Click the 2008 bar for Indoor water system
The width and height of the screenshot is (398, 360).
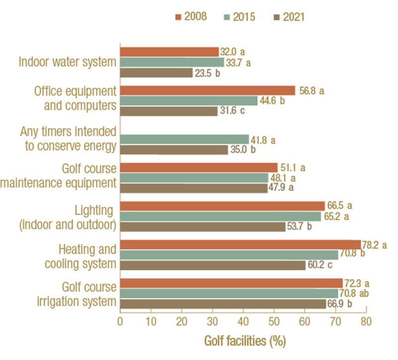[x=169, y=52]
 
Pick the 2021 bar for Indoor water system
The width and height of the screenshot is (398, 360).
[x=156, y=73]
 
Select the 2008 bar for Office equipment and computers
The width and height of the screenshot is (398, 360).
[x=207, y=91]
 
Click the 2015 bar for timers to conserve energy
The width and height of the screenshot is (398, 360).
[x=184, y=139]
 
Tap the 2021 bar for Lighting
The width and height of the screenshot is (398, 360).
[x=202, y=227]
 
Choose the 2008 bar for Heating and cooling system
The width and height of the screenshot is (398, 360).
[x=240, y=244]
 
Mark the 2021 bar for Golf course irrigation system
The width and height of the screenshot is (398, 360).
[x=223, y=304]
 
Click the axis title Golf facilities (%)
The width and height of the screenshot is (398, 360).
[x=244, y=342]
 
